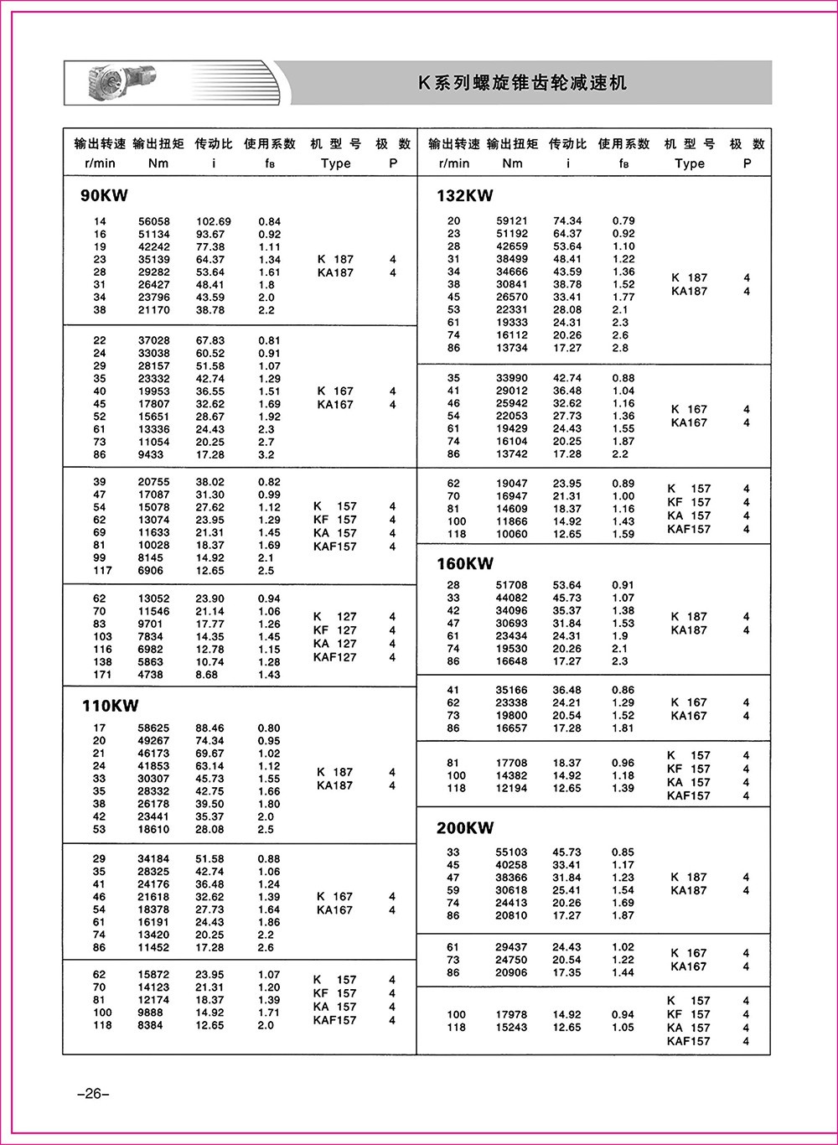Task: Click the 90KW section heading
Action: pyautogui.click(x=104, y=196)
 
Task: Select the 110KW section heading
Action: pyautogui.click(x=110, y=706)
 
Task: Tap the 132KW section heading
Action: pyautogui.click(x=464, y=196)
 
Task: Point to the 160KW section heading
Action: pyautogui.click(x=465, y=563)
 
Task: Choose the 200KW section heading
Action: pyautogui.click(x=465, y=828)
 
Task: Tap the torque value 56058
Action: pyautogui.click(x=154, y=222)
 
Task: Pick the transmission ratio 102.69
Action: pyautogui.click(x=213, y=222)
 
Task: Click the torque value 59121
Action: pyautogui.click(x=512, y=221)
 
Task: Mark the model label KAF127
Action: pyautogui.click(x=334, y=657)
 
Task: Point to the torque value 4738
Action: pyautogui.click(x=154, y=675)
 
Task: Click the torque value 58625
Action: pyautogui.click(x=154, y=728)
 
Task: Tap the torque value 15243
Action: pyautogui.click(x=512, y=1028)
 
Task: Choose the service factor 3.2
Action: pyautogui.click(x=266, y=455)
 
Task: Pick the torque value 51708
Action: pyautogui.click(x=512, y=585)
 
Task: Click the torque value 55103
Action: pyautogui.click(x=512, y=852)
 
